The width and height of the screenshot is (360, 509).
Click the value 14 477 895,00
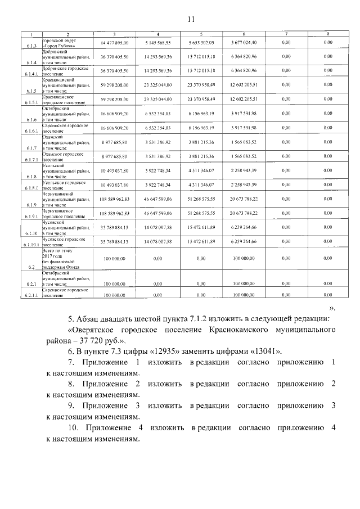point(114,43)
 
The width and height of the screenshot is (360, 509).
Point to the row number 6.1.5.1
point(31,102)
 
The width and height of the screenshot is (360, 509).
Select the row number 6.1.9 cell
point(31,206)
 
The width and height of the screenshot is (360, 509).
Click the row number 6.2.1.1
point(31,295)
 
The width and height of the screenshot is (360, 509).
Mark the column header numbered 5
point(201,35)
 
